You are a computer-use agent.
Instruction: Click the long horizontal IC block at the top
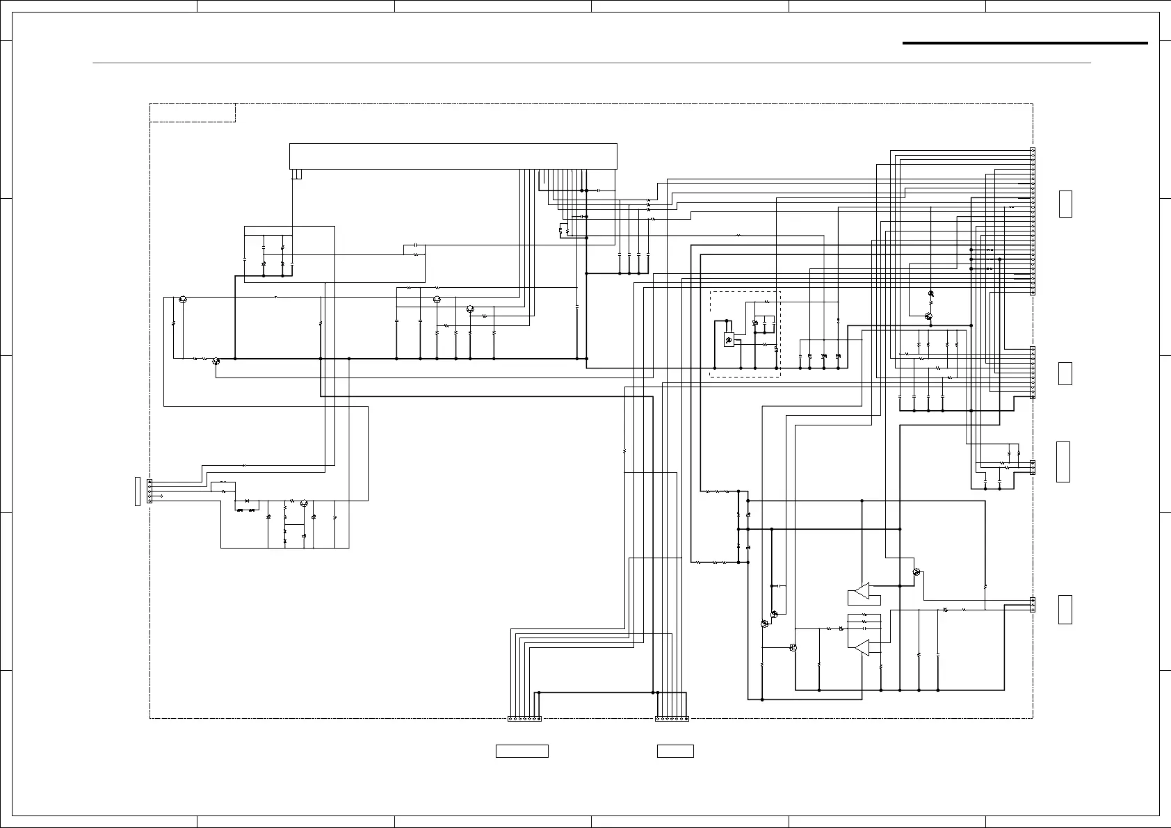[x=453, y=156]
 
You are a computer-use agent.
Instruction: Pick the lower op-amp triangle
[x=862, y=648]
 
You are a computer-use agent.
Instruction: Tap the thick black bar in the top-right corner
[x=1025, y=43]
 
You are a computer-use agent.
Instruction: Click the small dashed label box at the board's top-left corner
[x=193, y=113]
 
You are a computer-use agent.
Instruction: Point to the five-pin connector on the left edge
[x=150, y=491]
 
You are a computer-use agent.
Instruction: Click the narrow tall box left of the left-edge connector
[x=138, y=492]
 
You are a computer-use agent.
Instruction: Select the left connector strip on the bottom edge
[x=524, y=719]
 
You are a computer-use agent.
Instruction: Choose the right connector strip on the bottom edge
[x=672, y=719]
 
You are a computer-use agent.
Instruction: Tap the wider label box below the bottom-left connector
[x=522, y=751]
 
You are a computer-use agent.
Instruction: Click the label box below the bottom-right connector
[x=675, y=751]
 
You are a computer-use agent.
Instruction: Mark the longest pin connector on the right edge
[x=1033, y=221]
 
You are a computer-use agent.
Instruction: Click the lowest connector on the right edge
[x=1033, y=605]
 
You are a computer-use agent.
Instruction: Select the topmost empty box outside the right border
[x=1065, y=204]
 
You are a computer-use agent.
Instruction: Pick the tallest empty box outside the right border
[x=1063, y=462]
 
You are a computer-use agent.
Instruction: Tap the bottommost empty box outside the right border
[x=1065, y=610]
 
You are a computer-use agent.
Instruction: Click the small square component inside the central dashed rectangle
[x=729, y=341]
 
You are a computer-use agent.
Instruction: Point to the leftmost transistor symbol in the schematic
[x=182, y=300]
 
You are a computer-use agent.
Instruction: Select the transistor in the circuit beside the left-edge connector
[x=303, y=502]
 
